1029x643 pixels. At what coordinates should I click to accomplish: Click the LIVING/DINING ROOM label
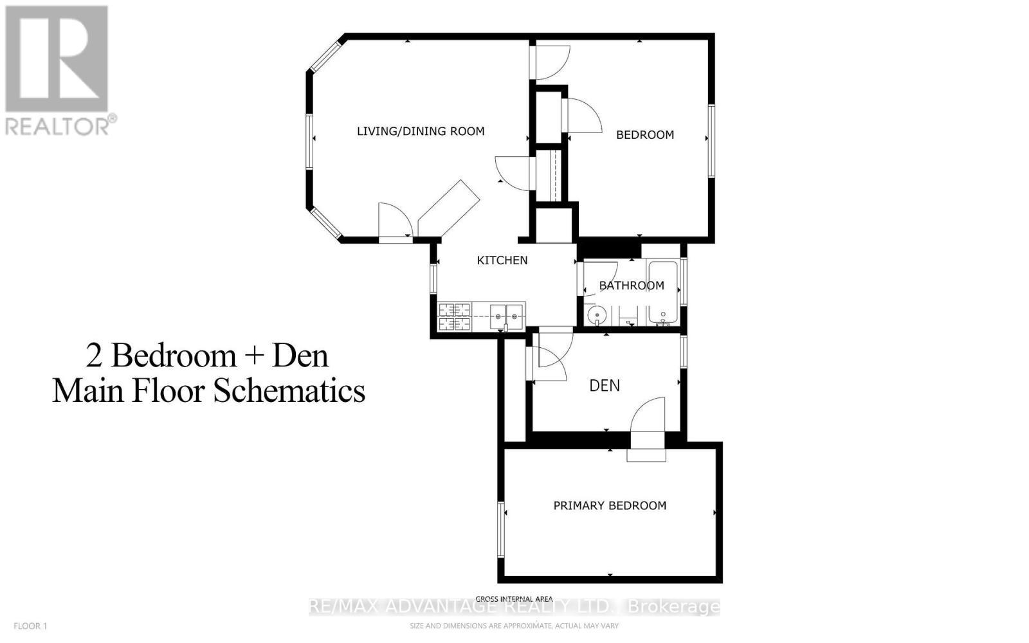421,131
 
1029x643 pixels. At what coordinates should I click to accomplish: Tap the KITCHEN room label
502,260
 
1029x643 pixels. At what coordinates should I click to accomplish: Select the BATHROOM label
632,285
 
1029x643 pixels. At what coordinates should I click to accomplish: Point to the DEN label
605,386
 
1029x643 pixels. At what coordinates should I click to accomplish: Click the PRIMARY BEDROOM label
610,506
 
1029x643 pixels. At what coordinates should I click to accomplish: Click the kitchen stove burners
455,317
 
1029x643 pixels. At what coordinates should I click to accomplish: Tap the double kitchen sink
507,316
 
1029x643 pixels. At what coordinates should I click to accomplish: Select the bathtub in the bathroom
662,293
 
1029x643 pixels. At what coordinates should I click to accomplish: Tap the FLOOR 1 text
31,626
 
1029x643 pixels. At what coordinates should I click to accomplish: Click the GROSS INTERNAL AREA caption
514,599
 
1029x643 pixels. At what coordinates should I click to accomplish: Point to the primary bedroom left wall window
500,529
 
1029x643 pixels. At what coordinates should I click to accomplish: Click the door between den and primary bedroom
647,437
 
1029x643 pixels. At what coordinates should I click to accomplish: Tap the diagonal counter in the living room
449,207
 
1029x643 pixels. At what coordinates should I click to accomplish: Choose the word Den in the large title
300,356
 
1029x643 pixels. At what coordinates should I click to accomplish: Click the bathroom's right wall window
684,281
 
